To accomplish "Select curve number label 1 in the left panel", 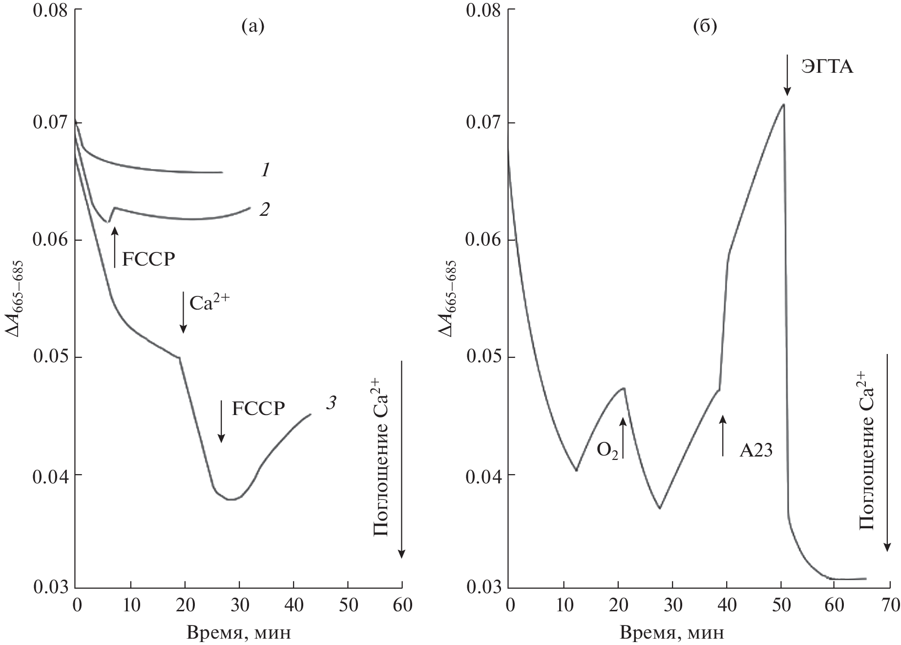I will click(265, 170).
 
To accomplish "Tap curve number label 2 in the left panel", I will click(264, 209).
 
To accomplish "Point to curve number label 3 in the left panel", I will click(331, 403).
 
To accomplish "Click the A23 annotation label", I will click(756, 450).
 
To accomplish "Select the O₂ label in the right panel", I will click(608, 450).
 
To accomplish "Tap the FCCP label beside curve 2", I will click(148, 259).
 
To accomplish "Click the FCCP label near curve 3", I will click(258, 408).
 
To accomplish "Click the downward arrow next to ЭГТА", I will click(787, 75).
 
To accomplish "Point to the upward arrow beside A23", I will click(723, 436).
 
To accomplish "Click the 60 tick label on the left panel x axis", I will click(401, 605).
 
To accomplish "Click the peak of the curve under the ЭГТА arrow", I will click(783, 104).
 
